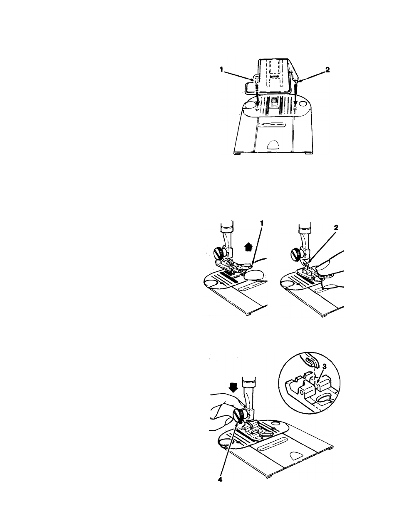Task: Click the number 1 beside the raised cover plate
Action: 221,70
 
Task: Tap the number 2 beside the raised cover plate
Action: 327,70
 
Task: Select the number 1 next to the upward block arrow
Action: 261,223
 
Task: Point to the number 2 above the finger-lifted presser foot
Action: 336,228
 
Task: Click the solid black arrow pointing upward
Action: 248,248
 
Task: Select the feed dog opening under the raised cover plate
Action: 274,101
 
